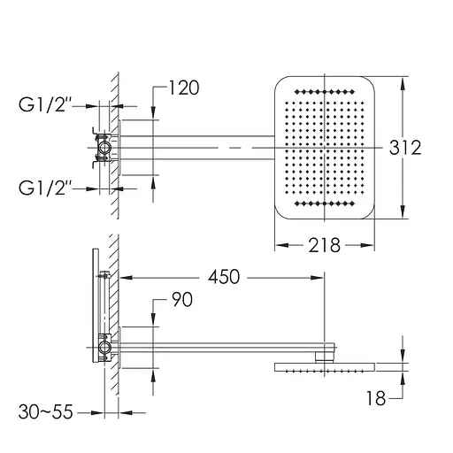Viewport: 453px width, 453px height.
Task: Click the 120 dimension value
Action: point(184,88)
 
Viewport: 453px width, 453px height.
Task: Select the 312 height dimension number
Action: point(405,148)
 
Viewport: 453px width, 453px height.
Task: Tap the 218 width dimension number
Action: point(324,245)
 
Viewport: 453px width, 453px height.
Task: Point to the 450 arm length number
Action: point(224,277)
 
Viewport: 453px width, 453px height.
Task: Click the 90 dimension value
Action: point(182,299)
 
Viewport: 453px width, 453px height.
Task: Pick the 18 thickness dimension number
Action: point(376,398)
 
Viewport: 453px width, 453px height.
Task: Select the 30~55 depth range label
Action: point(45,411)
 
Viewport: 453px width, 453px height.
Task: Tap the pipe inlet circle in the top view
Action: point(104,147)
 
